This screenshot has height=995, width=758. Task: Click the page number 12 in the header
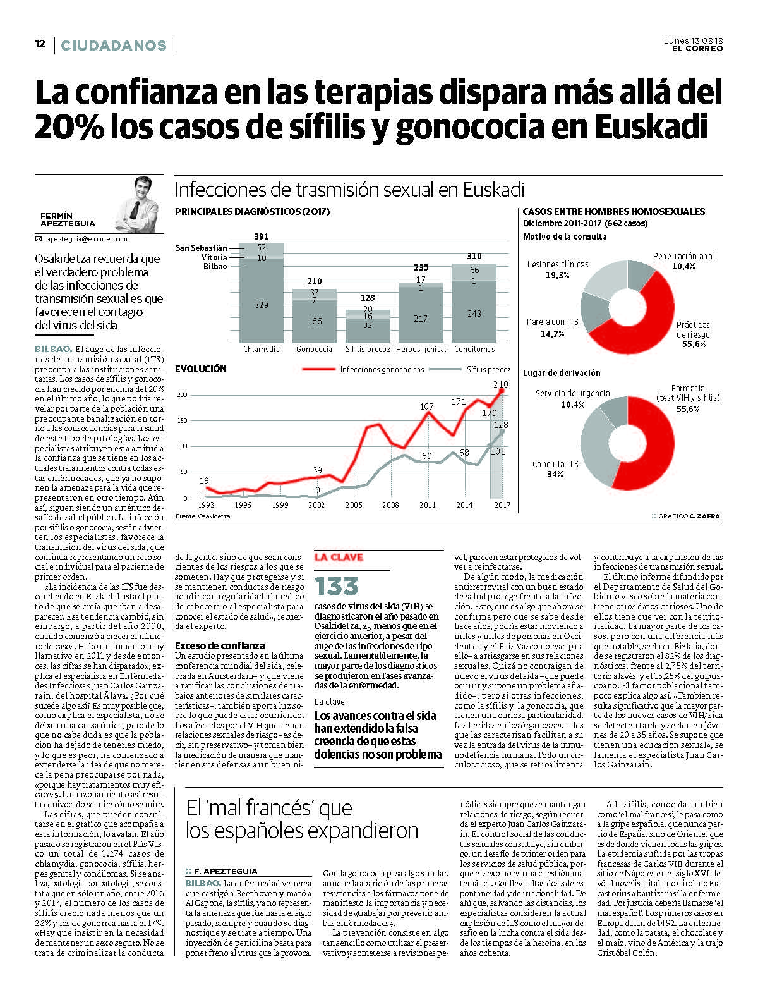(x=40, y=44)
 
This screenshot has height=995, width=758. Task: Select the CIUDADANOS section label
(x=113, y=46)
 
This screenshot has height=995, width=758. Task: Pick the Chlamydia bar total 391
(x=262, y=236)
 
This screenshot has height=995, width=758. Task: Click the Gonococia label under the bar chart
(x=314, y=349)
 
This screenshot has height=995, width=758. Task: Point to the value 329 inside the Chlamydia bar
(x=262, y=305)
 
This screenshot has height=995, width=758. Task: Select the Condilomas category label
(x=474, y=349)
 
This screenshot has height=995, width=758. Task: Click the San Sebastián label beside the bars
(x=201, y=248)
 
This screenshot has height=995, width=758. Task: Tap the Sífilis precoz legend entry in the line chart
(x=488, y=369)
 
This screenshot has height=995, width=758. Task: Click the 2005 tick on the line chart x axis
(x=354, y=505)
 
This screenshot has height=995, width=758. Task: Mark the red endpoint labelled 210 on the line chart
(x=501, y=390)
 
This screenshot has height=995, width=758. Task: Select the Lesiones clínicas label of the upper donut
(x=557, y=264)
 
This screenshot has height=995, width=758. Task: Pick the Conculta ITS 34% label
(x=555, y=468)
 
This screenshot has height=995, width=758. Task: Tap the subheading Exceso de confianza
(x=220, y=645)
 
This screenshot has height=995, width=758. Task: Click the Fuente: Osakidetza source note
(x=202, y=516)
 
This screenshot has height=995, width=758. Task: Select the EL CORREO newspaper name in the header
(x=697, y=49)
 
